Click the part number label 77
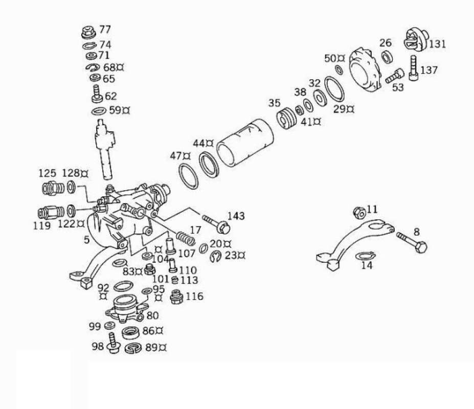coord(105,29)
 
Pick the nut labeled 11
coord(359,211)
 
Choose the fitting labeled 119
coord(50,212)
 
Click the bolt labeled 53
coord(393,77)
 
